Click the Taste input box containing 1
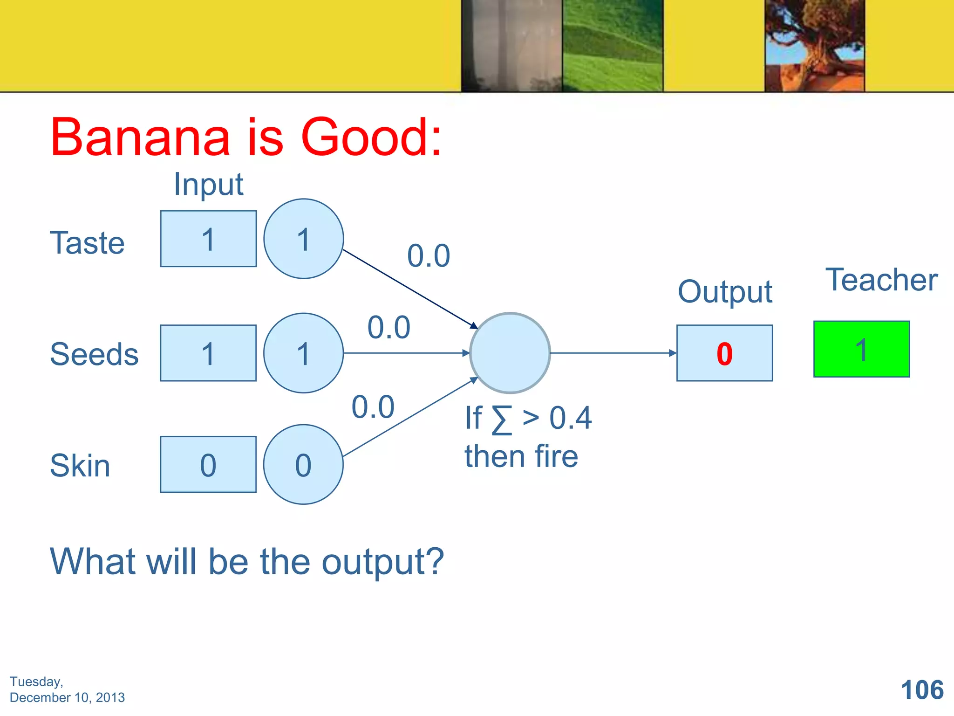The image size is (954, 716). click(208, 239)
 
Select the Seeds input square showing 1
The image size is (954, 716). click(208, 353)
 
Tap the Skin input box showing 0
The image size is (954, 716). click(208, 464)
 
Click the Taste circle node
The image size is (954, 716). click(303, 239)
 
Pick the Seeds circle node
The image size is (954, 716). click(303, 353)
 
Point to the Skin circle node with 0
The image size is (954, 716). click(303, 464)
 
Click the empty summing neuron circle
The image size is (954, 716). click(510, 353)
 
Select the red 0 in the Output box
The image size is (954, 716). click(724, 353)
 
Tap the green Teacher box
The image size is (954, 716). click(861, 349)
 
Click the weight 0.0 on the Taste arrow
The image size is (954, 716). click(429, 256)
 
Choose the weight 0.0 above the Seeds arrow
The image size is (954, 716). click(389, 327)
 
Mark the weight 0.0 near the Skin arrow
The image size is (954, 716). click(373, 407)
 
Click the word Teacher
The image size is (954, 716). click(881, 280)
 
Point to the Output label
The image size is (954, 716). click(725, 292)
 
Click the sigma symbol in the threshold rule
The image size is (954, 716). click(502, 420)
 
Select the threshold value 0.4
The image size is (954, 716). click(570, 418)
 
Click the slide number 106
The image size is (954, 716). click(922, 690)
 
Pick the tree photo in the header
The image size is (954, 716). click(815, 46)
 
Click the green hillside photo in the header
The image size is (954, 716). click(613, 46)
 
